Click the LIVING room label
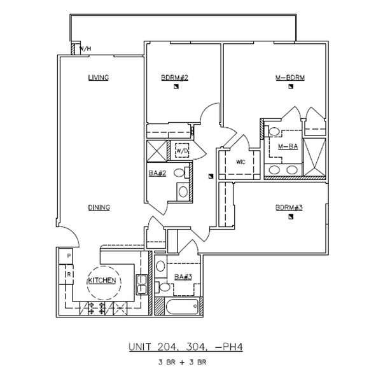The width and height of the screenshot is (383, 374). point(99,78)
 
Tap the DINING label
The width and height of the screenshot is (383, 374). point(99,207)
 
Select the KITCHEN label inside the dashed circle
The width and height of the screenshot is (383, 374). point(101,280)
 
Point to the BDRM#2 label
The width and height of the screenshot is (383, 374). point(173,78)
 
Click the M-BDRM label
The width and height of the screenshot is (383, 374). point(290,78)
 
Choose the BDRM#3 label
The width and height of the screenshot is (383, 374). point(289,207)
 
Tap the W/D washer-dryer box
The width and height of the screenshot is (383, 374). point(183,151)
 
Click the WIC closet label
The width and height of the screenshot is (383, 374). point(240,161)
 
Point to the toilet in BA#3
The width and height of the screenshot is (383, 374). point(165,287)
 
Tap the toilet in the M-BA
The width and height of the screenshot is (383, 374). point(274,132)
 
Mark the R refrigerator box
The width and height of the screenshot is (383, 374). point(68,274)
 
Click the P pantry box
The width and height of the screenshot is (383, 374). point(68,256)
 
